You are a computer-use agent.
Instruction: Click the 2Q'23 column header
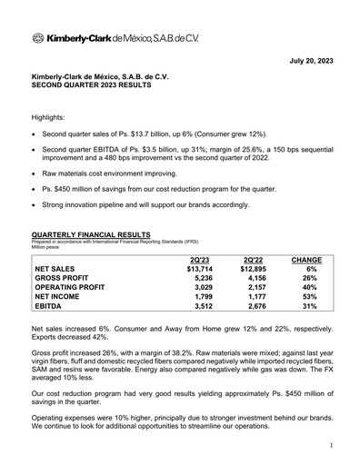coord(197,260)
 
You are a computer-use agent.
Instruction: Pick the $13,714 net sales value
coord(198,270)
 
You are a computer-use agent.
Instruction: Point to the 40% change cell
coord(312,291)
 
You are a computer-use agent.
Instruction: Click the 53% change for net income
coord(312,301)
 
